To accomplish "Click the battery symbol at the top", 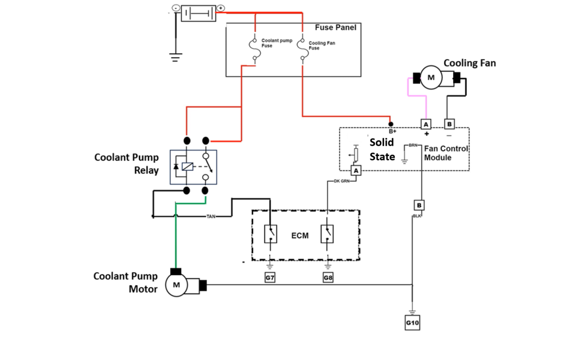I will (x=199, y=12).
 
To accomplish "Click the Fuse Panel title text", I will (x=335, y=28).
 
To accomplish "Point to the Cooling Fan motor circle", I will (x=431, y=78).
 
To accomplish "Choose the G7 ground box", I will (x=270, y=278).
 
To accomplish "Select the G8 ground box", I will (x=328, y=278).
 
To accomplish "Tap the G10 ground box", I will (x=412, y=323).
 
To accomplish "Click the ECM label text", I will (x=299, y=236).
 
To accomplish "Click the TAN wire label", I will (x=211, y=217).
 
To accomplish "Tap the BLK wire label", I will (x=417, y=216).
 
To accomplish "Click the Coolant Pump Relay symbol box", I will (x=194, y=167).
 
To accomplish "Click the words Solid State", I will (x=382, y=149).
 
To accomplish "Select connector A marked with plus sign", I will (x=426, y=124).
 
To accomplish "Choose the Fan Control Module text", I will (x=446, y=153).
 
